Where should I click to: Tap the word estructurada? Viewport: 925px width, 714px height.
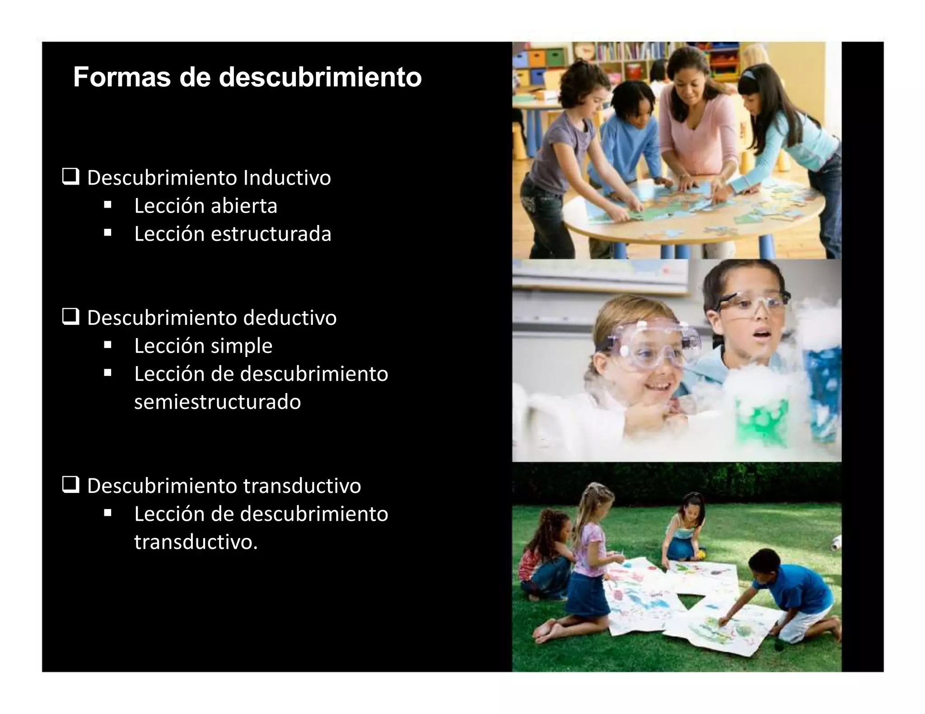pyautogui.click(x=271, y=234)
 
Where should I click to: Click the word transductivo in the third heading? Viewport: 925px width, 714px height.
pyautogui.click(x=302, y=486)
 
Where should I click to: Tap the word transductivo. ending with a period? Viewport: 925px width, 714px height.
pyautogui.click(x=196, y=542)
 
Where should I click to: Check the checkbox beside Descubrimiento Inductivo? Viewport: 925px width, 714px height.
pyautogui.click(x=71, y=177)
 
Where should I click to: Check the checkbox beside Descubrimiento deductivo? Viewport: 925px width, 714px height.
pyautogui.click(x=71, y=317)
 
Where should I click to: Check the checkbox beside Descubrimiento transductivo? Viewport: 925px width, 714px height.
pyautogui.click(x=71, y=485)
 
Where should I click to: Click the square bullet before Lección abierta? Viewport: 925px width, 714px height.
pyautogui.click(x=107, y=205)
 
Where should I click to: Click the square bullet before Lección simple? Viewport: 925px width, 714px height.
pyautogui.click(x=107, y=345)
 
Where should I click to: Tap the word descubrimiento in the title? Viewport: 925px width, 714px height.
pyautogui.click(x=320, y=77)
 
